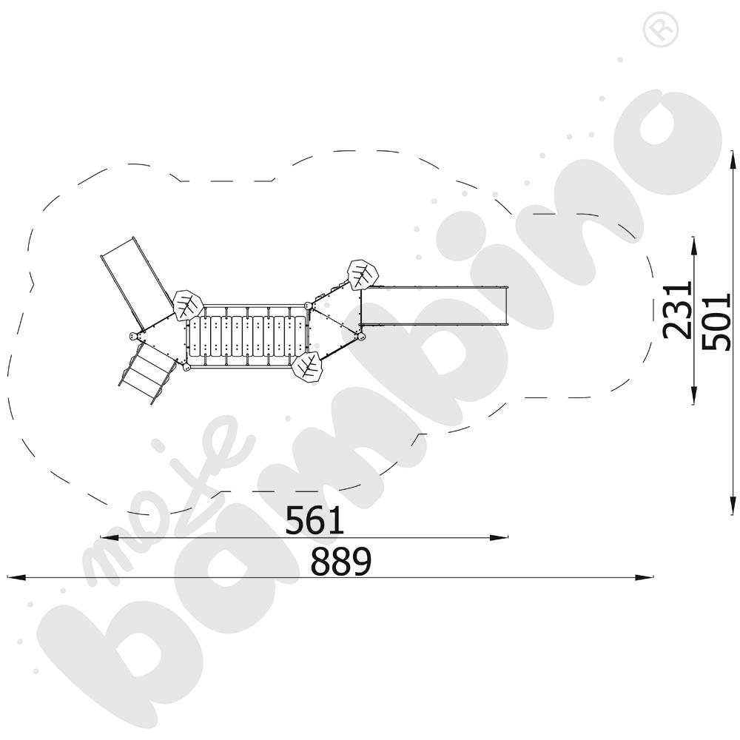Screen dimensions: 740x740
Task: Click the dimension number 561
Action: (x=314, y=519)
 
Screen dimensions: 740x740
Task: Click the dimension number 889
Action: (x=341, y=561)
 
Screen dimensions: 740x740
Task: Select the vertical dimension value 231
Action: (x=677, y=310)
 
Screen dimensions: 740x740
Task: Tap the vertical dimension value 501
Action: (x=716, y=321)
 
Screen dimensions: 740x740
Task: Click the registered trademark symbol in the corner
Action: (x=661, y=30)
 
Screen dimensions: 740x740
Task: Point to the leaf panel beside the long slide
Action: (x=363, y=275)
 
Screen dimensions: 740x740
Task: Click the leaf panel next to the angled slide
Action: (x=188, y=306)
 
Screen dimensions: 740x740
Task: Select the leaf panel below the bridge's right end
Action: (x=307, y=367)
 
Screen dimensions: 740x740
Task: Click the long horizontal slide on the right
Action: (x=434, y=306)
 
